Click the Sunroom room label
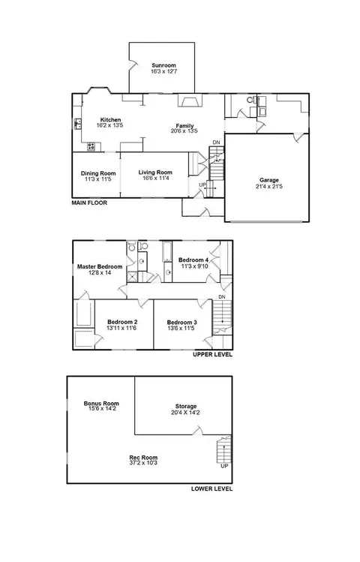click(163, 65)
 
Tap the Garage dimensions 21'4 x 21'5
click(269, 186)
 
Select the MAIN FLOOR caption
click(89, 203)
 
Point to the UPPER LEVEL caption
click(212, 354)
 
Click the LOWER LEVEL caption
click(211, 488)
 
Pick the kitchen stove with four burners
click(91, 146)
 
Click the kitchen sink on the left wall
click(78, 124)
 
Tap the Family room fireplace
click(190, 101)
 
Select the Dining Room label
click(98, 173)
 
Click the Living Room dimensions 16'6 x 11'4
click(155, 178)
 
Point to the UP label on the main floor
click(202, 185)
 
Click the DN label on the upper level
click(222, 297)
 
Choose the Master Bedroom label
click(100, 266)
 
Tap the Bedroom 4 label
click(193, 260)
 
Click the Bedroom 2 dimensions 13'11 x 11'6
click(121, 328)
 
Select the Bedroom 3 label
click(181, 322)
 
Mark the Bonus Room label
click(101, 403)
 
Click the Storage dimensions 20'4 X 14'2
click(185, 413)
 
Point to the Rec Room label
click(143, 458)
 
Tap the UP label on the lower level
click(224, 466)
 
